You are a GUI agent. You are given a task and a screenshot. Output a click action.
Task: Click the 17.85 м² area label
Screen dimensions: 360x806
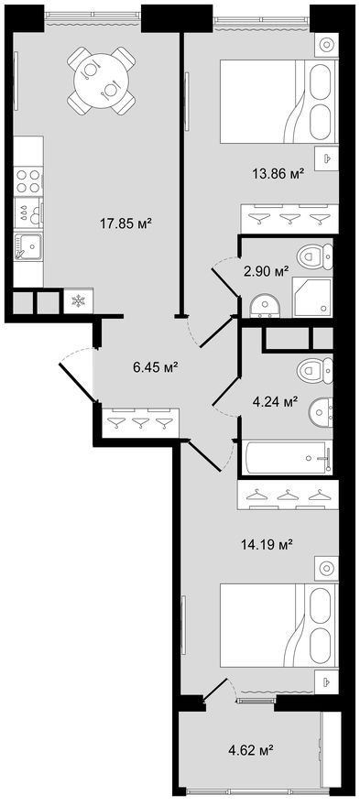click(126, 223)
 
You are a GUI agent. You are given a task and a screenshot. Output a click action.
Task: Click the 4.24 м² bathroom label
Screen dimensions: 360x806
click(274, 401)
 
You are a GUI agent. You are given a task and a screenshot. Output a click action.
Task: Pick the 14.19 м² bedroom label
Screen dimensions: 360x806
click(267, 544)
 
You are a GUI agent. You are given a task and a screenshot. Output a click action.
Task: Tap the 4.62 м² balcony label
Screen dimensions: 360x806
click(250, 750)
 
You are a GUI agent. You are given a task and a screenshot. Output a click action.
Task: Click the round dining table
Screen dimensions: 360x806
click(102, 81)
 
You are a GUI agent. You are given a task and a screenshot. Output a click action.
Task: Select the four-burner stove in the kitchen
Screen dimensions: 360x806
click(28, 181)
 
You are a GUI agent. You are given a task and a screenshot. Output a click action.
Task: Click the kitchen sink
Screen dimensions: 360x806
click(28, 247)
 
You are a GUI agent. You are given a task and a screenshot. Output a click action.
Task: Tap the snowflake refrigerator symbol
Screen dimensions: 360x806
click(78, 301)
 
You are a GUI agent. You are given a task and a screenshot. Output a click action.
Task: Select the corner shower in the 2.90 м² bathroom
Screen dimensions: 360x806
click(312, 299)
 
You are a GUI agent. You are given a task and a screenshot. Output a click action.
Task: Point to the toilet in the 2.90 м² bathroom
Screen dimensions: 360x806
click(315, 255)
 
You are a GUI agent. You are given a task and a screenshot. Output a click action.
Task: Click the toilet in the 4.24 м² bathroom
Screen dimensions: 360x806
click(315, 369)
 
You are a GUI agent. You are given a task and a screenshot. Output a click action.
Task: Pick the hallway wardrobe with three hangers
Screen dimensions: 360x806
click(140, 423)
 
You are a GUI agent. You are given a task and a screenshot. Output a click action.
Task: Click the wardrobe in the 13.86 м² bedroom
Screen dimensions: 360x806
click(290, 219)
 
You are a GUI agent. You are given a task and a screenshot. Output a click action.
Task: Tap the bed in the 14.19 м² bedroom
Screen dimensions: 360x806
click(278, 625)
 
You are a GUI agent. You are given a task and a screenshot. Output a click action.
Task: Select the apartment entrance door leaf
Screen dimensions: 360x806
click(77, 382)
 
